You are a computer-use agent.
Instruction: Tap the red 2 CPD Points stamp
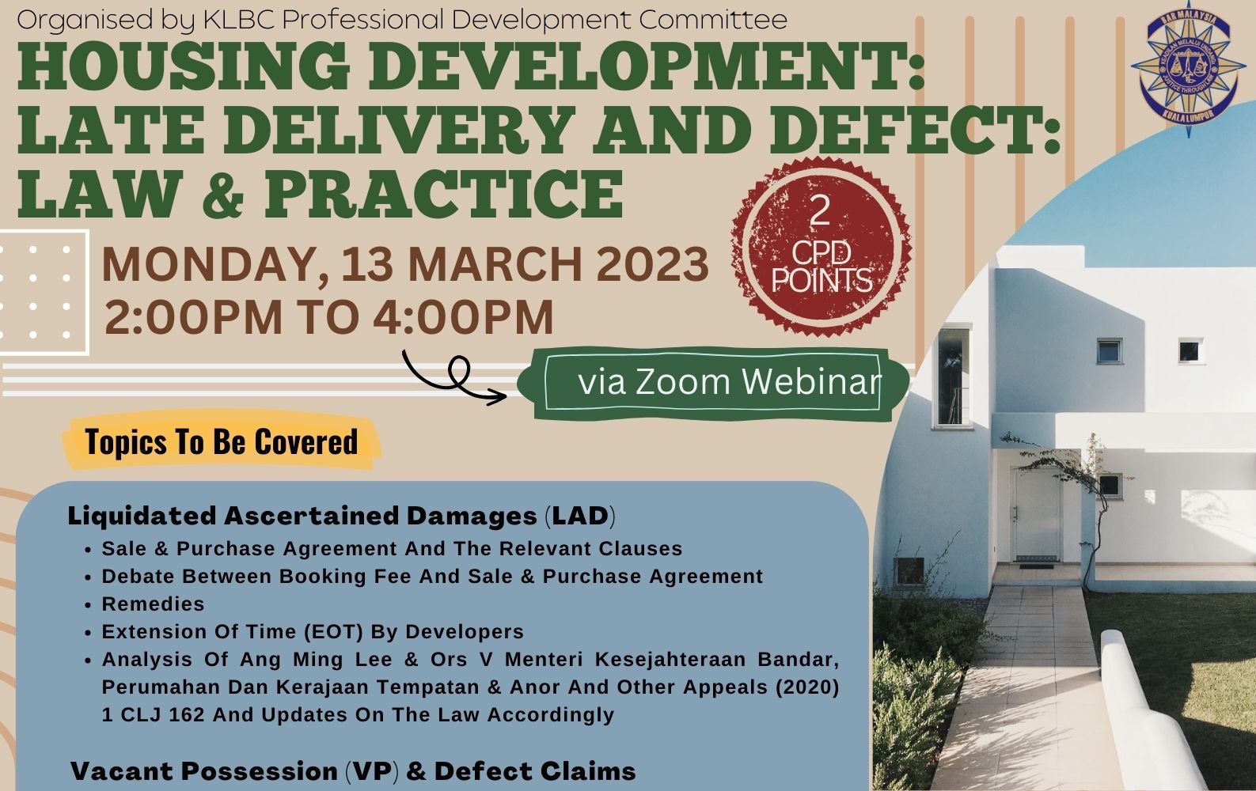click(821, 247)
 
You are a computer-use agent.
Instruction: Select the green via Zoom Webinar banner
click(713, 384)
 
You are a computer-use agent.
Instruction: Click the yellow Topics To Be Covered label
click(221, 441)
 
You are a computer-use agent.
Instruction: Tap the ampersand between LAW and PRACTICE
click(223, 195)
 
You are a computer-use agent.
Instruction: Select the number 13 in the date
click(367, 264)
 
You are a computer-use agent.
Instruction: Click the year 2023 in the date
click(652, 264)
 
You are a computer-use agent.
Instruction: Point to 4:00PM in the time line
click(463, 317)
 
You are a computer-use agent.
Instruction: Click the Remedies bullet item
click(153, 604)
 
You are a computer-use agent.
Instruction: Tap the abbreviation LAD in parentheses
click(580, 516)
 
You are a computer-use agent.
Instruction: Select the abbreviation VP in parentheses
click(372, 771)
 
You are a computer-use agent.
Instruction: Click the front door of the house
click(1036, 513)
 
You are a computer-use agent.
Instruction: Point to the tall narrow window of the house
click(953, 377)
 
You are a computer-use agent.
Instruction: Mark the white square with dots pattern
click(43, 293)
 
